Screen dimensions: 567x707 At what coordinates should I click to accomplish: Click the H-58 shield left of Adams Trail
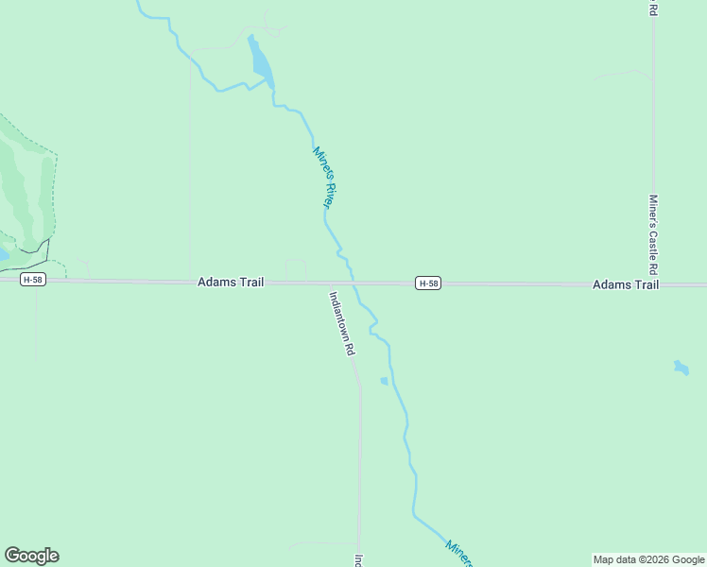[x=33, y=280]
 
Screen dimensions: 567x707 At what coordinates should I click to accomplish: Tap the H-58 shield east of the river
[x=428, y=283]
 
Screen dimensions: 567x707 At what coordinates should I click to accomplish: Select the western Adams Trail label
[x=231, y=283]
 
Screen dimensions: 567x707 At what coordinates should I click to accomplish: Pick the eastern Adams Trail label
[x=626, y=284]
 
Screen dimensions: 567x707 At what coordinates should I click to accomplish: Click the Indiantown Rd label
[x=341, y=322]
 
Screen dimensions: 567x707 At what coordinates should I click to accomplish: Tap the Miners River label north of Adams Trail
[x=324, y=178]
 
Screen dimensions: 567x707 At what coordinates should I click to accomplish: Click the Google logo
[x=31, y=556]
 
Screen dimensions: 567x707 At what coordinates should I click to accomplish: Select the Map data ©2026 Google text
[x=648, y=559]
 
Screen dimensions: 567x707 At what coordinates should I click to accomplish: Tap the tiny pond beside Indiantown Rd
[x=384, y=381]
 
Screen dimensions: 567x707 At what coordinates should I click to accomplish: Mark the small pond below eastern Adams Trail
[x=681, y=367]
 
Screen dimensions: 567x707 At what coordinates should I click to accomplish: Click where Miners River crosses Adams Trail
[x=354, y=283]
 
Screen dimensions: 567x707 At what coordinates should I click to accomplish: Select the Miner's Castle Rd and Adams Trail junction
[x=654, y=283]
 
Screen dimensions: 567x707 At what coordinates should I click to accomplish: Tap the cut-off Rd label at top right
[x=653, y=8]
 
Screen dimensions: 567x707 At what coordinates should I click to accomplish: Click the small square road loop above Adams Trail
[x=296, y=269]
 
